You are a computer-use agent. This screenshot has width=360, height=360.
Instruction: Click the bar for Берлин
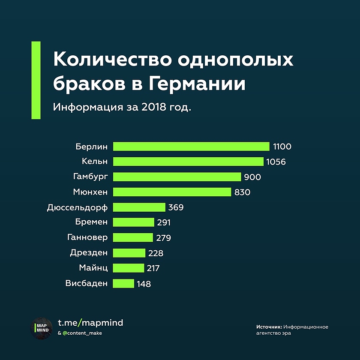pos(191,147)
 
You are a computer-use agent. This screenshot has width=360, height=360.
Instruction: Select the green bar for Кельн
pos(188,162)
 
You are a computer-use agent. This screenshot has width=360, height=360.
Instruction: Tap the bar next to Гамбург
pos(177,177)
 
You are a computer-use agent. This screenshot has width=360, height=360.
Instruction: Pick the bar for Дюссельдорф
pos(139,207)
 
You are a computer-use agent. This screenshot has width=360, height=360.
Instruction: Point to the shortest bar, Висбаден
pos(124,283)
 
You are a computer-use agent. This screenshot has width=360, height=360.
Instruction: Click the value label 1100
pos(282,147)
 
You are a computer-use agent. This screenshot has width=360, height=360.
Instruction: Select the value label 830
pos(242,192)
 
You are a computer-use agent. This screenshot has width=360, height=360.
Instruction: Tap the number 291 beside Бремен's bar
pos(164,222)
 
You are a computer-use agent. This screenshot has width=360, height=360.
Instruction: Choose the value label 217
pos(153,268)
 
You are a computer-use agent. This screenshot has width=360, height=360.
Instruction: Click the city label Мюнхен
pos(90,192)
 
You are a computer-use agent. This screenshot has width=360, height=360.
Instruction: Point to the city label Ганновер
pos(87,237)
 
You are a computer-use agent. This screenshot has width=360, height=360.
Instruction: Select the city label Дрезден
pos(89,253)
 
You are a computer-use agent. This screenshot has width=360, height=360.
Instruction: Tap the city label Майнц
pos(93,268)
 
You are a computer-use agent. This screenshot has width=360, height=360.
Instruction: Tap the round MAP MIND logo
pos(41,328)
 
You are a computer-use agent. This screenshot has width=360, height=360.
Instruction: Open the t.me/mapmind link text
pos(90,323)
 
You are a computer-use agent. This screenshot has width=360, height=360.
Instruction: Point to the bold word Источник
pos(269,327)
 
